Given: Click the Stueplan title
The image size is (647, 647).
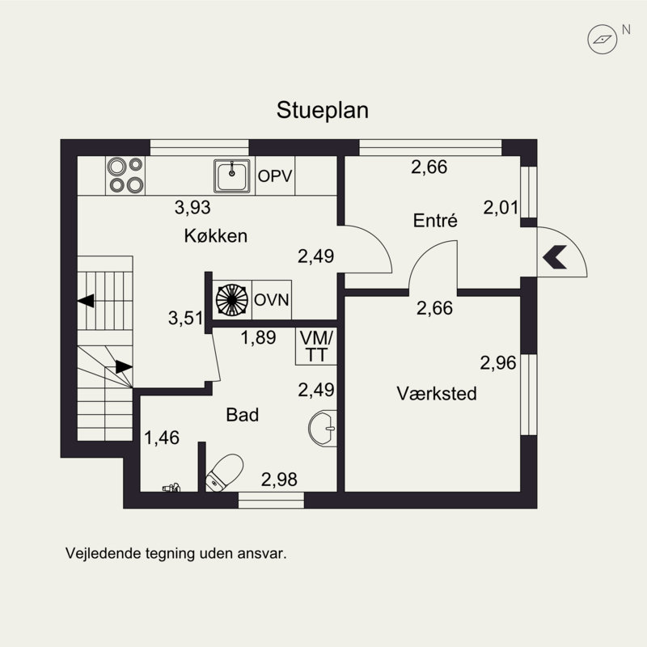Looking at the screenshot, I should click(323, 111).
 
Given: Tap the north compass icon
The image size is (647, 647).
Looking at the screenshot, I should click(602, 36).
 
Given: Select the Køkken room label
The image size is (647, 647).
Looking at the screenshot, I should click(214, 236).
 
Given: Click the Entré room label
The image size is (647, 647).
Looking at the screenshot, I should click(435, 220).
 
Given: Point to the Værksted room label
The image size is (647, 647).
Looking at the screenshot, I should click(436, 394).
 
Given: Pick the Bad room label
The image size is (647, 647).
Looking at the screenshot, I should click(242, 415).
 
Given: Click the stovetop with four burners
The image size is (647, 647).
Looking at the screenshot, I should click(125, 175).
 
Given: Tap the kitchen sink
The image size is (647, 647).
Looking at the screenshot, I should click(233, 175).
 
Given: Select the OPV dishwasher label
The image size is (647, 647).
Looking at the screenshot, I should click(274, 175).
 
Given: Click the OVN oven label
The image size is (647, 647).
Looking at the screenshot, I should click(272, 299).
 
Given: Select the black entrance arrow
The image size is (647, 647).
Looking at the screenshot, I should click(555, 257).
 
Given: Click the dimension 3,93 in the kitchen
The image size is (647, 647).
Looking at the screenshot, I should click(192, 208).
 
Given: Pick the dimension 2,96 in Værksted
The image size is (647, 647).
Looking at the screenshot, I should click(497, 363).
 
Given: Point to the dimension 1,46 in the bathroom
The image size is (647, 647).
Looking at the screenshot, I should click(161, 438).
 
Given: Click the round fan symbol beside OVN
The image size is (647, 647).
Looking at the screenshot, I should click(232, 298).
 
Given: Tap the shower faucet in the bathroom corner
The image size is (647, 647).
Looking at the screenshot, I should click(171, 488).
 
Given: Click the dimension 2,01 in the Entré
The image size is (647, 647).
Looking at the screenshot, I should click(500, 208).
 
